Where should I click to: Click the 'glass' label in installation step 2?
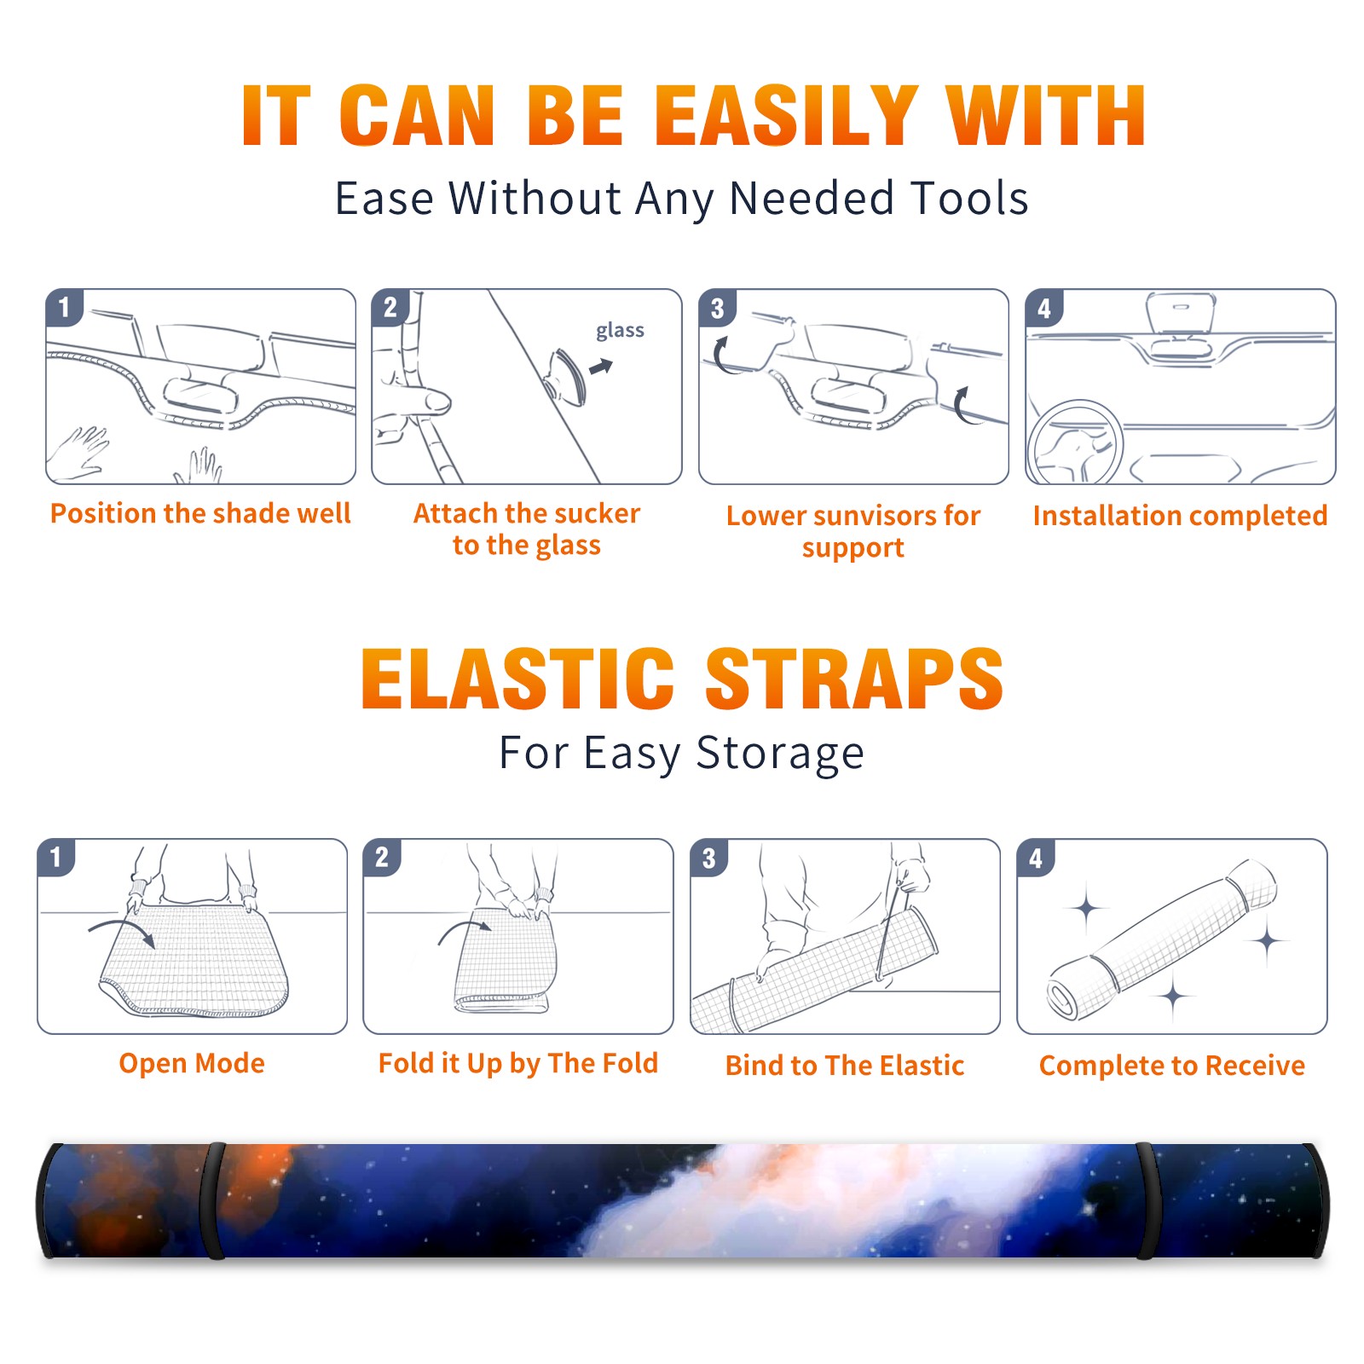[620, 331]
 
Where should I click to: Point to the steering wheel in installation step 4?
[1074, 442]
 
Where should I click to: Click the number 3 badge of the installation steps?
[717, 308]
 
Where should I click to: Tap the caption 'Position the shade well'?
[200, 513]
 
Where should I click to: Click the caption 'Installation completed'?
[1180, 515]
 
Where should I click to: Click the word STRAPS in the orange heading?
[854, 679]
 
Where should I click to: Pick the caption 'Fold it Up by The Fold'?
[518, 1063]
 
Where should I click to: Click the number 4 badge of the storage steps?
[1036, 858]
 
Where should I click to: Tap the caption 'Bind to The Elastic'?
[845, 1066]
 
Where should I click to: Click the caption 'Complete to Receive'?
[1172, 1066]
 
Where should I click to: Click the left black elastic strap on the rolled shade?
[215, 1201]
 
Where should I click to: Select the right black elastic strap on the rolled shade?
[1147, 1201]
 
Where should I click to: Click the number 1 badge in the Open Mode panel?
[55, 858]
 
